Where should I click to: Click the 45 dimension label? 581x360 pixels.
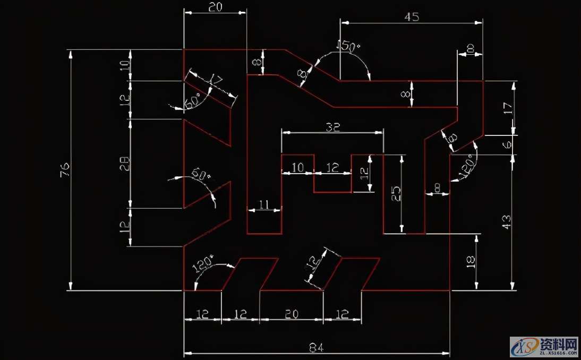412,16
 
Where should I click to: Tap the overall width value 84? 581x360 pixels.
316,348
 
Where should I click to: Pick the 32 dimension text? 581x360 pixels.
332,127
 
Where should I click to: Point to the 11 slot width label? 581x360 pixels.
264,204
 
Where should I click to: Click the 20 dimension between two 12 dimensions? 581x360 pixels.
291,314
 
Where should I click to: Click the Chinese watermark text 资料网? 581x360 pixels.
558,342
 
